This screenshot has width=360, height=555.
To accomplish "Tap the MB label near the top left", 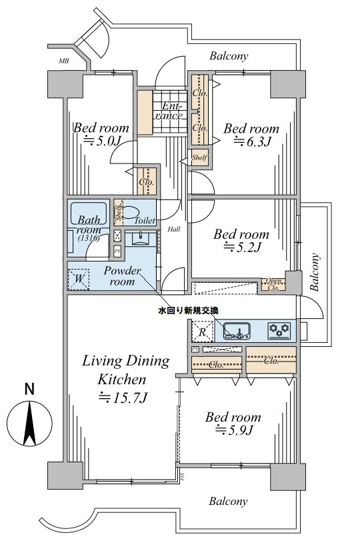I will [63, 61].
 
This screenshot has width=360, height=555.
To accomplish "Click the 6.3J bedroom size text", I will [250, 141].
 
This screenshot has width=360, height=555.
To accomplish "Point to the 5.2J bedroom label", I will [241, 248].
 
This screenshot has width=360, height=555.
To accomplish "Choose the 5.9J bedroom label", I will [233, 430].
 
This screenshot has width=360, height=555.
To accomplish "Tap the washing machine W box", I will [78, 278].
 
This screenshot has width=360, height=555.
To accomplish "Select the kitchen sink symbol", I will [236, 330].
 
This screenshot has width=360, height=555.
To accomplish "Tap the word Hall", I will [174, 229].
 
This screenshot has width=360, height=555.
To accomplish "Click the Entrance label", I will [171, 111].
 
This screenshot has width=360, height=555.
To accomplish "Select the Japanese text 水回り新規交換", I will [188, 310].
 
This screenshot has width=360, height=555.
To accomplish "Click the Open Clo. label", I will [273, 284].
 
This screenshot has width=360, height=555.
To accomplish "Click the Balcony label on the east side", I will [315, 273].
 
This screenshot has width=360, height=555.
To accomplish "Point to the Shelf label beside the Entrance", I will [199, 158].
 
